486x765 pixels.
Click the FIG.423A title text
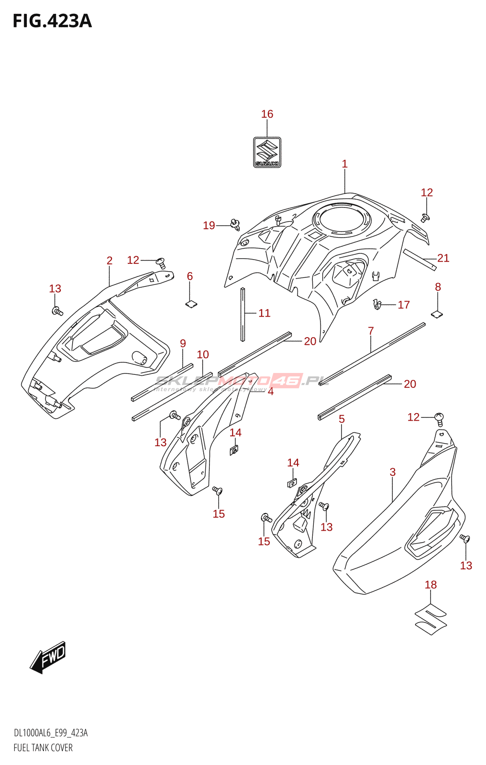52,21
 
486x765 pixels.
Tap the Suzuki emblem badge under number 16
267,152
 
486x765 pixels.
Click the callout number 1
344,164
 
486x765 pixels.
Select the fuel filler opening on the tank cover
342,220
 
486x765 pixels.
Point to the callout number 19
209,226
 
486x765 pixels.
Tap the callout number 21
443,258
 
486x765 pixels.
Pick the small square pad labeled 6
191,303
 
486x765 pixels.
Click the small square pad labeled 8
437,314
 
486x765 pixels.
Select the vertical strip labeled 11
243,315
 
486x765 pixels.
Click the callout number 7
371,331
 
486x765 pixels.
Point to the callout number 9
183,343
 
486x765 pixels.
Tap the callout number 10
203,355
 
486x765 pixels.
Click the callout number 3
393,472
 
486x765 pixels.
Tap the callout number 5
342,419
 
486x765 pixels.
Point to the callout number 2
110,261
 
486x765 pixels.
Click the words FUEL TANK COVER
43,748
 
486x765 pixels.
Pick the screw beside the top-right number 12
425,218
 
